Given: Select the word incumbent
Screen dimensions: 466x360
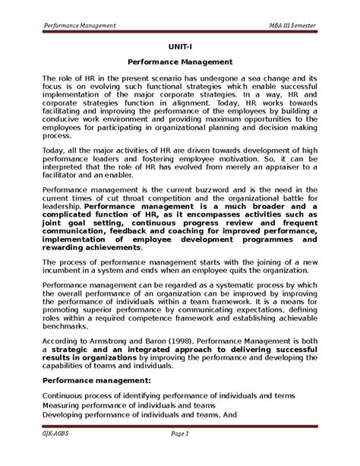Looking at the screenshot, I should (65, 271).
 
